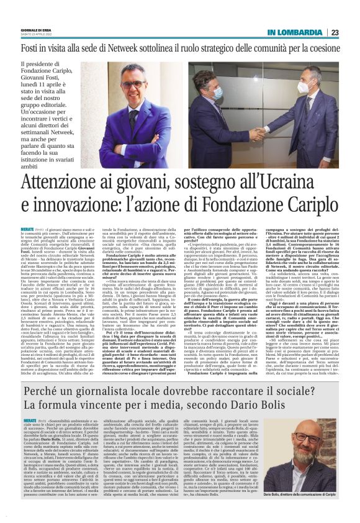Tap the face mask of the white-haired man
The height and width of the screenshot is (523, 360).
tap(217, 92)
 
